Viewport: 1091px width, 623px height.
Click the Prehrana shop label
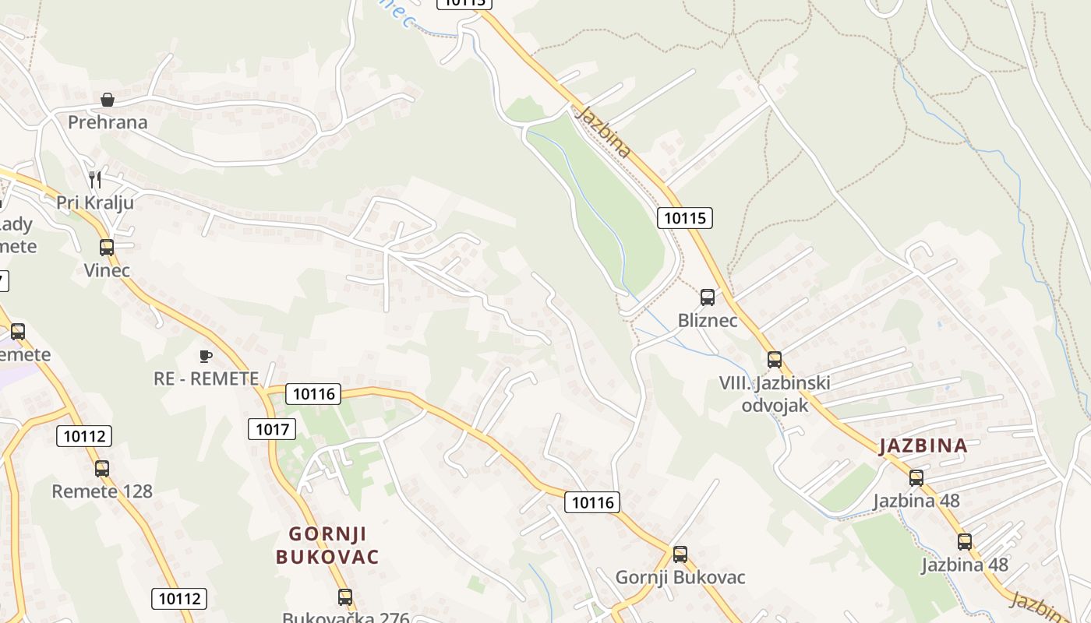[x=108, y=122]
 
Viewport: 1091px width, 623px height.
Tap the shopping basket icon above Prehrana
[x=108, y=100]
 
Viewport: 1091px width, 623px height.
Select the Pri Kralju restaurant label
[x=95, y=202]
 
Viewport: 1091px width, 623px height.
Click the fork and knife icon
[x=95, y=180]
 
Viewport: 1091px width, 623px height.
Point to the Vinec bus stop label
[x=107, y=270]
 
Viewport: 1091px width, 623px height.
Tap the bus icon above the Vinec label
[x=107, y=248]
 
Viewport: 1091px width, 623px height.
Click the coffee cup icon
[x=205, y=356]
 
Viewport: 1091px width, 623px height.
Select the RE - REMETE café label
[x=206, y=378]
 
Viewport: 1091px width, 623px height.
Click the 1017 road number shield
[x=272, y=428]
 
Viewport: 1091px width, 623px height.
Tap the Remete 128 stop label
[x=102, y=491]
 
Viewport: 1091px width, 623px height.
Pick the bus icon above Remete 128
[x=102, y=469]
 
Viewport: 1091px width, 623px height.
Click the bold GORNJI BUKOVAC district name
[x=327, y=545]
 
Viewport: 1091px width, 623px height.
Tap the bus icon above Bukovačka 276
[x=345, y=597]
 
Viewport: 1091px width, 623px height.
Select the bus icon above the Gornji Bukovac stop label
[x=680, y=554]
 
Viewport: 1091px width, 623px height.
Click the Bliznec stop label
[x=708, y=320]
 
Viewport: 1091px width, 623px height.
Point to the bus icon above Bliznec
[x=708, y=297]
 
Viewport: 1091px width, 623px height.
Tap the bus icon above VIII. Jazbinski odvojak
[x=775, y=360]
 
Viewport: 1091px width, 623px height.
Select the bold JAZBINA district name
[x=923, y=446]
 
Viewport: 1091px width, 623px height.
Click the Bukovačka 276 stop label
[x=345, y=618]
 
